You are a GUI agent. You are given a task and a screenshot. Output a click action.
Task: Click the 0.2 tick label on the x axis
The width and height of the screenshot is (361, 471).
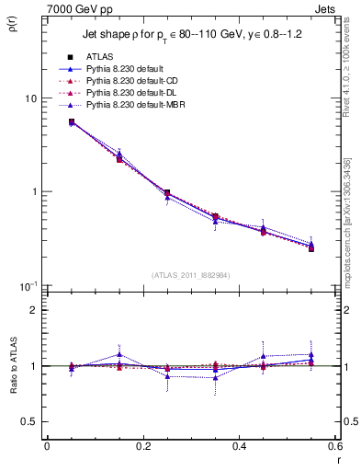143,447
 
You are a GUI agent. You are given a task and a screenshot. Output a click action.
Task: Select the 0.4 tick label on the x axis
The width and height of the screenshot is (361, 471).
240,447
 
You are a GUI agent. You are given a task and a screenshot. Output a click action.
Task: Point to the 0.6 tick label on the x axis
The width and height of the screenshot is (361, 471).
335,447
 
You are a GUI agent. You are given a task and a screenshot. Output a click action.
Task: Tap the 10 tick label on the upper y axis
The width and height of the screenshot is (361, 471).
30,98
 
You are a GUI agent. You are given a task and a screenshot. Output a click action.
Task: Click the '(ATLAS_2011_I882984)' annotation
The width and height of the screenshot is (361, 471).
190,276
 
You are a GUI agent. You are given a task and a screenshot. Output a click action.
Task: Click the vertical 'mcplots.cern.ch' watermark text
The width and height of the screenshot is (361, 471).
351,221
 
